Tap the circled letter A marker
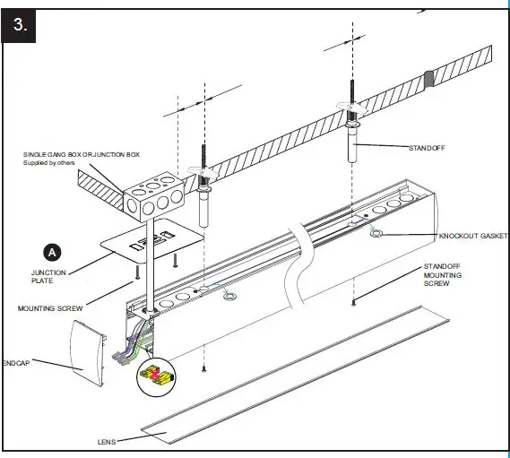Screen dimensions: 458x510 pyautogui.click(x=53, y=252)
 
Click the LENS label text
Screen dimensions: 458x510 pyautogui.click(x=108, y=442)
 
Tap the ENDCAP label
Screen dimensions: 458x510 pyautogui.click(x=20, y=364)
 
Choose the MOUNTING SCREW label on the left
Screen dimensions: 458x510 pyautogui.click(x=49, y=308)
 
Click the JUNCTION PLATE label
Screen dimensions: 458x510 pyautogui.click(x=48, y=277)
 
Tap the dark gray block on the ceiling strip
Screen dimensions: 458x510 pyautogui.click(x=429, y=79)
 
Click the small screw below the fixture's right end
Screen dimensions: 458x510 pyautogui.click(x=355, y=303)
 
